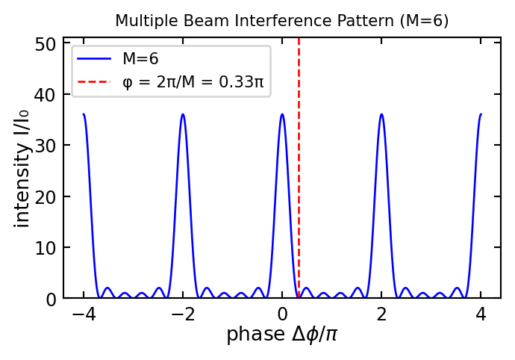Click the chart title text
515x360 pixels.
tap(281, 21)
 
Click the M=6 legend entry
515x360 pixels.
tap(140, 59)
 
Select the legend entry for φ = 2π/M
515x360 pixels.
tap(193, 81)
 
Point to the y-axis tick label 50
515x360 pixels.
tap(46, 44)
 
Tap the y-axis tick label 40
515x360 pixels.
tap(46, 95)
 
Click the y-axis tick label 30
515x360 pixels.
tap(46, 146)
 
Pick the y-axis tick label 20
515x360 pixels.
tap(46, 197)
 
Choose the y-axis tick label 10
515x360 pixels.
tap(46, 248)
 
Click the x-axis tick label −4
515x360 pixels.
tap(83, 314)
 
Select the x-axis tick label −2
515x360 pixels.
tap(182, 314)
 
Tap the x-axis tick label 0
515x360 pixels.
tap(282, 314)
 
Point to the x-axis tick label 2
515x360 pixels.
tap(381, 314)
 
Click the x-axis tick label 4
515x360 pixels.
tap(481, 314)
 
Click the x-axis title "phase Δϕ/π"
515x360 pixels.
tap(281, 335)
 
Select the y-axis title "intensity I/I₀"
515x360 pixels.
tap(22, 168)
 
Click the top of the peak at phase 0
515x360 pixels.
tap(282, 114)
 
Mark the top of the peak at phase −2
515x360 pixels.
tap(183, 114)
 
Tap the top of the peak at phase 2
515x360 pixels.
tap(381, 114)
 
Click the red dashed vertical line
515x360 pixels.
tap(299, 187)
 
